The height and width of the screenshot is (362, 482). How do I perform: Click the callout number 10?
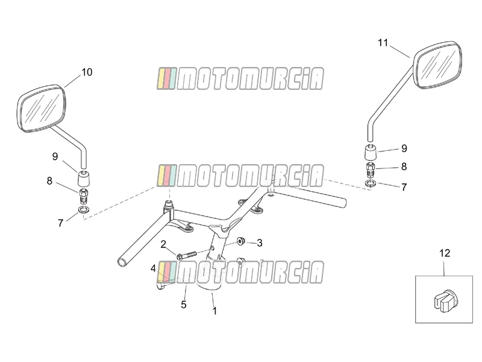pyautogui.click(x=87, y=72)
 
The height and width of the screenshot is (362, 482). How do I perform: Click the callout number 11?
pyautogui.click(x=383, y=42)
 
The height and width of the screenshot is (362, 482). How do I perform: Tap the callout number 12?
pyautogui.click(x=445, y=253)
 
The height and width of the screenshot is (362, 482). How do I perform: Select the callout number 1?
pyautogui.click(x=214, y=311)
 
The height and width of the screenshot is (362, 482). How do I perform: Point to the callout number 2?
pyautogui.click(x=163, y=244)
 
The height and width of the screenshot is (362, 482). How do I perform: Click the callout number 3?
pyautogui.click(x=260, y=243)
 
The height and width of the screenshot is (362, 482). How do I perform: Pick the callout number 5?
pyautogui.click(x=184, y=305)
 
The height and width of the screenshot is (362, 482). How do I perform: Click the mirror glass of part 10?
pyautogui.click(x=41, y=108)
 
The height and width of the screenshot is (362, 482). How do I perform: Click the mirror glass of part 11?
pyautogui.click(x=437, y=65)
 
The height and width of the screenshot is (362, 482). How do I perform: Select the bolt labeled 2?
pyautogui.click(x=186, y=255)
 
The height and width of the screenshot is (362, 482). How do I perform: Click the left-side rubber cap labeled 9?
pyautogui.click(x=84, y=178)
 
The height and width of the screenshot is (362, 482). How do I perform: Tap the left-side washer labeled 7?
pyautogui.click(x=83, y=210)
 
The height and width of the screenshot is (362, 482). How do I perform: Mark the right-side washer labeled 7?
pyautogui.click(x=370, y=183)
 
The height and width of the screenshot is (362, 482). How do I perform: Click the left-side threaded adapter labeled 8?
pyautogui.click(x=84, y=196)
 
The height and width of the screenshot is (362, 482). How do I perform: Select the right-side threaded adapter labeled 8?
pyautogui.click(x=371, y=170)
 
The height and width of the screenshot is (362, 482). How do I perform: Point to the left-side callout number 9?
pyautogui.click(x=55, y=156)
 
